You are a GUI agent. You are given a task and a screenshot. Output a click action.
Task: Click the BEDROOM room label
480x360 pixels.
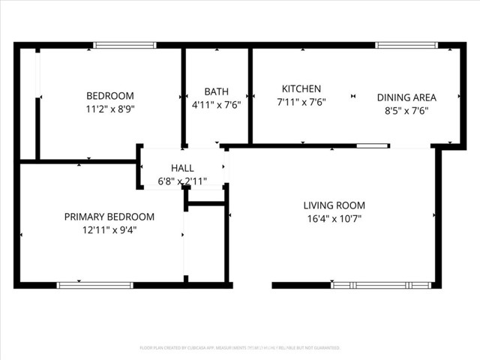[x=110, y=96]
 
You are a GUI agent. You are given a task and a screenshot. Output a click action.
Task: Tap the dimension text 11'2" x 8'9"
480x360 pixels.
[x=110, y=109]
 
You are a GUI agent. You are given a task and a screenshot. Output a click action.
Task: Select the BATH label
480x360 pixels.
[x=217, y=92]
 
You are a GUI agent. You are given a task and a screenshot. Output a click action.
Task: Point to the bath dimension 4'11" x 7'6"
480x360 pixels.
[x=217, y=105]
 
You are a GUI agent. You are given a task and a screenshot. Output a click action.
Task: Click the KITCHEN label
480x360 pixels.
[x=301, y=88]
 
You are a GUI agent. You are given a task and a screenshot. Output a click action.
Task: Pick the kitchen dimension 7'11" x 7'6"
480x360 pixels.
[x=301, y=102]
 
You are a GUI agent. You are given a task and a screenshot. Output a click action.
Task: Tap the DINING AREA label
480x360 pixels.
[x=406, y=97]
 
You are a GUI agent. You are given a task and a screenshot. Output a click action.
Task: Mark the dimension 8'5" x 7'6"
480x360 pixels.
[x=406, y=110]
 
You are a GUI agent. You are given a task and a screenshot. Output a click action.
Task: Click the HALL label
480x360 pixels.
[x=182, y=168]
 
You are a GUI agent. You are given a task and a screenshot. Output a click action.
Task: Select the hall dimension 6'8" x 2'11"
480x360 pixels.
[x=182, y=181]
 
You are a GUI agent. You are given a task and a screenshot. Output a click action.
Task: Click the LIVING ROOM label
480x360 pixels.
[x=334, y=205]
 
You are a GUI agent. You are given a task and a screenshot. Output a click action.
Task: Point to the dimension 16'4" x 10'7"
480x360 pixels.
[x=334, y=218]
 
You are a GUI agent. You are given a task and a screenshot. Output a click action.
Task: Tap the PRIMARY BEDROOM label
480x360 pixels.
[x=109, y=217]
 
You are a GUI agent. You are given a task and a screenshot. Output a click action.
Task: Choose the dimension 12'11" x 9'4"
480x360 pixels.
[x=109, y=230]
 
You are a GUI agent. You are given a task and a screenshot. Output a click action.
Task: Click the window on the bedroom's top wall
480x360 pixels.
[x=124, y=45]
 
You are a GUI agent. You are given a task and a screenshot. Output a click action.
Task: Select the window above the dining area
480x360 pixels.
[x=406, y=45]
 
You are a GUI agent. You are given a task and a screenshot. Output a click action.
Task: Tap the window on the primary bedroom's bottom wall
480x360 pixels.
[x=95, y=285]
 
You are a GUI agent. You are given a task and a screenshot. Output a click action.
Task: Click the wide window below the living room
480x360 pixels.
[x=382, y=285]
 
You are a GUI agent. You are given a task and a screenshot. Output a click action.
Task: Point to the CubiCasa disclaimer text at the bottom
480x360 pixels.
[x=240, y=348]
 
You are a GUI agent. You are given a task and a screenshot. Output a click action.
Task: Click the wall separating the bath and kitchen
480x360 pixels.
[x=250, y=95]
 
